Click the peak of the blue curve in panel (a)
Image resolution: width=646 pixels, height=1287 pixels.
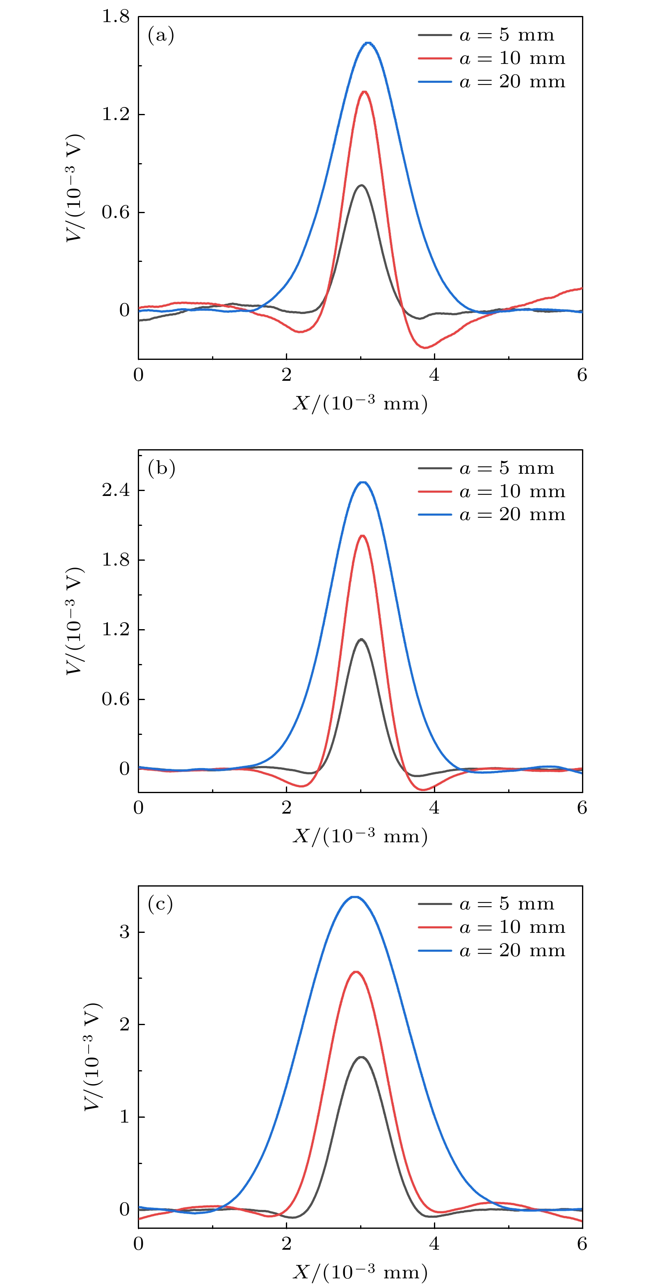[368, 43]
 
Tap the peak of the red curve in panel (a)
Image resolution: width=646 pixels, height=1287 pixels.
[364, 92]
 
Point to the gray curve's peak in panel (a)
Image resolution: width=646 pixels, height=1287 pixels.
[361, 185]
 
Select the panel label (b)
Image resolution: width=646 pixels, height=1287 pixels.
[161, 468]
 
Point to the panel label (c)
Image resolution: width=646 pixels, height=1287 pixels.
[160, 904]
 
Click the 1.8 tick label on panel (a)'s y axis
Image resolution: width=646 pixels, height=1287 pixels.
[116, 16]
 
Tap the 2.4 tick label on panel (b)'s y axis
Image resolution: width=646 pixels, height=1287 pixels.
[116, 490]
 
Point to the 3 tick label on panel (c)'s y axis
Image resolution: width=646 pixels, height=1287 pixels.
[125, 932]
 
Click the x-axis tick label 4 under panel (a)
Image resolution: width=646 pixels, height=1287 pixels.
[434, 375]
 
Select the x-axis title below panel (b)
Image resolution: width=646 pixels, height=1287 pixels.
[361, 836]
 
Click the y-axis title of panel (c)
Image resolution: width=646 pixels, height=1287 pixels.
[93, 1057]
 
